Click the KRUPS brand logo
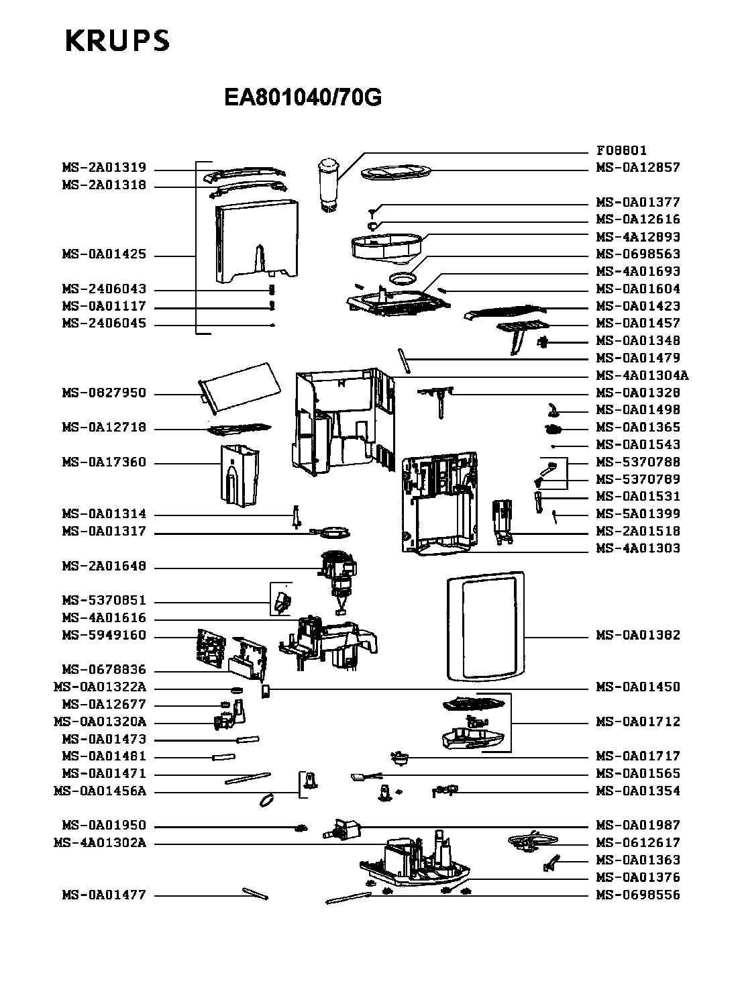point(117,41)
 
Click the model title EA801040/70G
point(303,98)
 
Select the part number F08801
point(621,150)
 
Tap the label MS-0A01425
point(104,255)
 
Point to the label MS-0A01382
point(638,635)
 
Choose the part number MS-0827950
point(104,393)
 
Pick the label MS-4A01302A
point(99,843)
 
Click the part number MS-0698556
point(638,895)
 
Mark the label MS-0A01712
point(638,722)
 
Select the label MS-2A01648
point(104,566)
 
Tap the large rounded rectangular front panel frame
point(485,626)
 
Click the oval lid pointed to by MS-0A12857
point(396,172)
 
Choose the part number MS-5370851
point(104,601)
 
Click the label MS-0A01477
point(104,895)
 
